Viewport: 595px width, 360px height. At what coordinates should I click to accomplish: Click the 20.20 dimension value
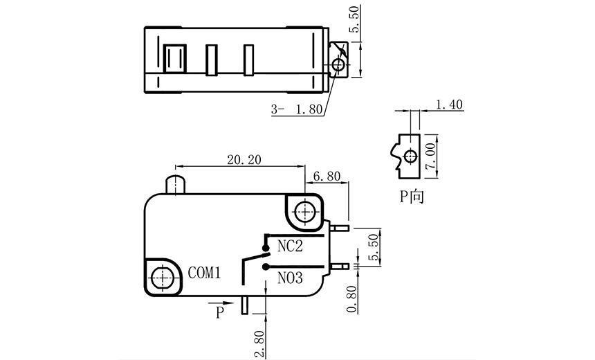tap(244, 159)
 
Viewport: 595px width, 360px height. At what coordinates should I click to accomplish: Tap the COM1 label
tap(204, 273)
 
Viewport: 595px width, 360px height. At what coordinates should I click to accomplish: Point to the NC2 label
tap(291, 246)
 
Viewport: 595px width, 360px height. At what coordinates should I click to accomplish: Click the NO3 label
tap(291, 278)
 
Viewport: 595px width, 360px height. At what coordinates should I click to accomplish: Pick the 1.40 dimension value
tap(449, 105)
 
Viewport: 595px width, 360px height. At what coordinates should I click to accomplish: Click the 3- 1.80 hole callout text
tap(297, 109)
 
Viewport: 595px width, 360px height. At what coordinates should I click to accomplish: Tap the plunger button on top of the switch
tap(176, 186)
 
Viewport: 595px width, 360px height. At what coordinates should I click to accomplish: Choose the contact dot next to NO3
tap(266, 266)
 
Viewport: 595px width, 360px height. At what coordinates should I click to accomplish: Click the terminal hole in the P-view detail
tap(410, 155)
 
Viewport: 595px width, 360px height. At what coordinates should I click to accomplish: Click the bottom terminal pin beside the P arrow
tap(244, 305)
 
